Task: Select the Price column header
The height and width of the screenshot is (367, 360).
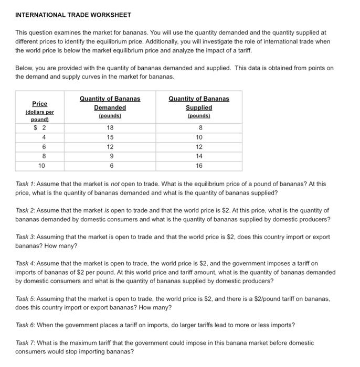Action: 40,104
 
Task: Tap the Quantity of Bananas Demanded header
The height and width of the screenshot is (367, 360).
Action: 110,107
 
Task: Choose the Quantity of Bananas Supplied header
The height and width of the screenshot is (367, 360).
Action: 198,107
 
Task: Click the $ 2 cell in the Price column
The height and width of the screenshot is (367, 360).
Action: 40,127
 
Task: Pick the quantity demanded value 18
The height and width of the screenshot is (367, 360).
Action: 110,127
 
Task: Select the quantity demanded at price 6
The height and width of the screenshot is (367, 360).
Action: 110,146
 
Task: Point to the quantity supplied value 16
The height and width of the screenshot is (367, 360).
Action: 199,165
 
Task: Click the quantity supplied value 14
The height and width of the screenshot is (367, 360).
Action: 199,156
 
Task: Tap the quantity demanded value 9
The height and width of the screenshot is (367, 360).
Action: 110,156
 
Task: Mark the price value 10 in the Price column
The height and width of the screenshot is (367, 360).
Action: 41,165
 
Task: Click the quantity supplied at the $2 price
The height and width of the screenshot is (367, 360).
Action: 199,127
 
